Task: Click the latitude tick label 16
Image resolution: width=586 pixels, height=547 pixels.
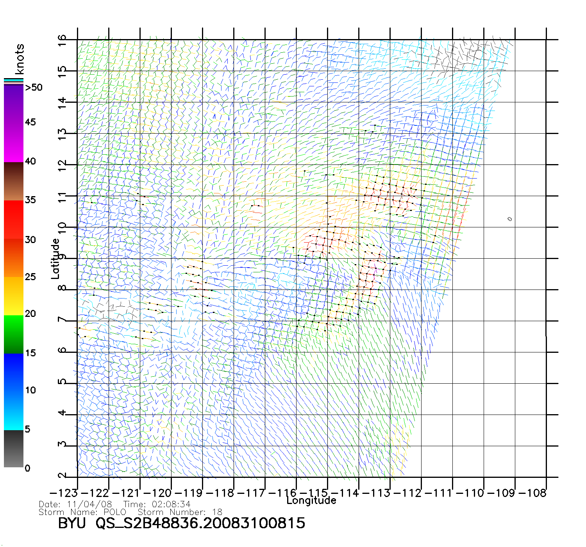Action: (62, 40)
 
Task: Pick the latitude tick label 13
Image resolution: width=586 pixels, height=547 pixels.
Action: (62, 134)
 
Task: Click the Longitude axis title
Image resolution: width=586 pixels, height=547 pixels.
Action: (311, 501)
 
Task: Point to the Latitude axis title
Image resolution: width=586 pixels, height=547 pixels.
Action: (55, 259)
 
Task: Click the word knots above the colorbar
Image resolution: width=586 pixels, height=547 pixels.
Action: (20, 59)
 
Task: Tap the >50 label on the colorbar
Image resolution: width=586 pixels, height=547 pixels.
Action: (34, 88)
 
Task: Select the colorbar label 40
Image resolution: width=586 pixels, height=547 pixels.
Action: (30, 161)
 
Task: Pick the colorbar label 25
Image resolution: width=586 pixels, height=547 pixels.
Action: (30, 277)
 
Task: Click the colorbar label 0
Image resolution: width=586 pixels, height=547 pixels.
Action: (27, 468)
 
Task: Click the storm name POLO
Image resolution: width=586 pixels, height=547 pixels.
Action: (115, 512)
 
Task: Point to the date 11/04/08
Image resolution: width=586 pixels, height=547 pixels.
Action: (89, 504)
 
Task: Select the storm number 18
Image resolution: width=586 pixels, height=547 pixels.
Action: (217, 512)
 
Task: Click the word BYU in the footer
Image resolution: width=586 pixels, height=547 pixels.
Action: (72, 523)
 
